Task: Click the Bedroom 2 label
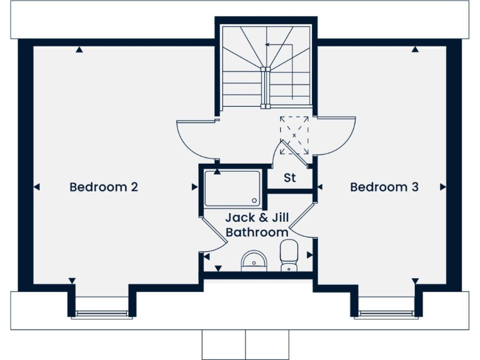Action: tap(103, 187)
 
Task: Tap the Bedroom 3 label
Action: tap(384, 187)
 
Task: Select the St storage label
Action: tap(290, 178)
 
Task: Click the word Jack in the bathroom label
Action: tap(239, 218)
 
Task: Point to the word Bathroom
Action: tap(257, 232)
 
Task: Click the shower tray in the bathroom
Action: tap(232, 188)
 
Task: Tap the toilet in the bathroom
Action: tap(289, 256)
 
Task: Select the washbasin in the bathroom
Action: tap(254, 260)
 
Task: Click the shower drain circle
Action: tap(254, 201)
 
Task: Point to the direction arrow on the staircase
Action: tap(267, 45)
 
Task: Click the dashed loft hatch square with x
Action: tap(294, 136)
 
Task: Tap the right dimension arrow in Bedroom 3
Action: tap(443, 186)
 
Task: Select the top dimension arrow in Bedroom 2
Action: tap(79, 50)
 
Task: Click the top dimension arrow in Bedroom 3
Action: tap(414, 50)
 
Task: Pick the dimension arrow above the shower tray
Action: tap(217, 171)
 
